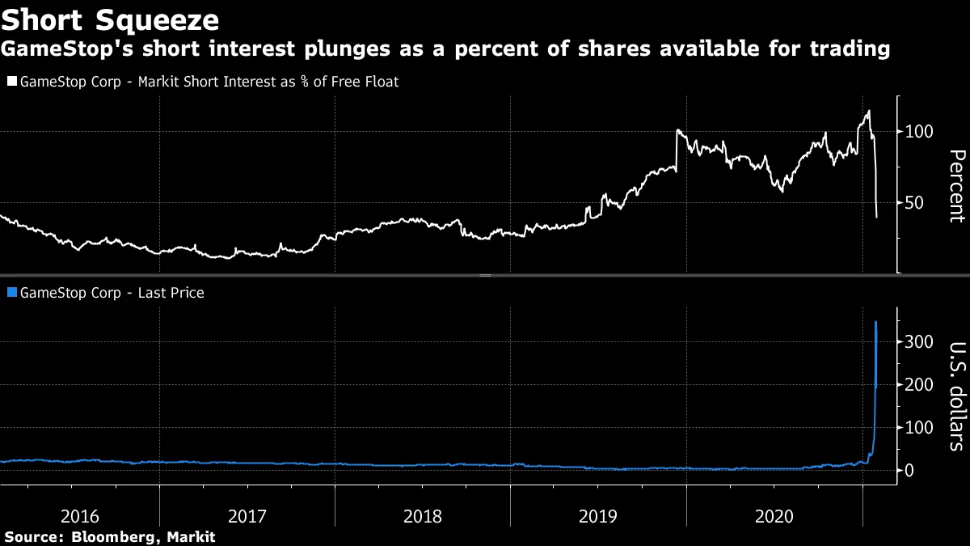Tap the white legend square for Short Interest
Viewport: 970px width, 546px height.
coord(11,82)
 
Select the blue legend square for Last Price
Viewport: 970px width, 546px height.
coord(11,293)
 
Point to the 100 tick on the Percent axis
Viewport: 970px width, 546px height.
coord(918,132)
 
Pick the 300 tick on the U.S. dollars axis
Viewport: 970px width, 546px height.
coord(918,342)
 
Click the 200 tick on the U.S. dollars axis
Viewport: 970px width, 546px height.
coord(918,385)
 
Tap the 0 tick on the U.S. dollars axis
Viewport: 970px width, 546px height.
coord(910,470)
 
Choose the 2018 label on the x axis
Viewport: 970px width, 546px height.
coord(423,515)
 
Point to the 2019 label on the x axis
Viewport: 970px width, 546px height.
coord(599,515)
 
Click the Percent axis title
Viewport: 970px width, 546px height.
coord(955,185)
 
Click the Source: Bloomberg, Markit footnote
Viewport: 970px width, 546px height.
coord(110,536)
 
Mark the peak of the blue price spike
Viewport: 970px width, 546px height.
coord(876,322)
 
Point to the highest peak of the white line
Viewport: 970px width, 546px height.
coord(868,111)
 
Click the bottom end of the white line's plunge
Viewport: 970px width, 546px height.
coord(877,217)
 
